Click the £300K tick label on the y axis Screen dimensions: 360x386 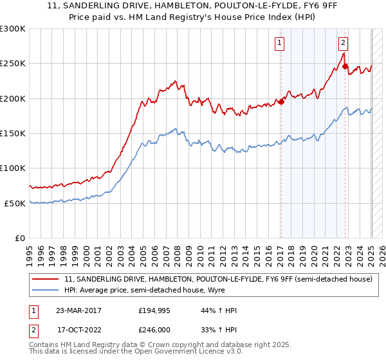point(13,29)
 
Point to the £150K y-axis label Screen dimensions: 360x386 point(13,134)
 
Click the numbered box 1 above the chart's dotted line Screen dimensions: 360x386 point(280,43)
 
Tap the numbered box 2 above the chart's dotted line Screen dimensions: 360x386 point(343,43)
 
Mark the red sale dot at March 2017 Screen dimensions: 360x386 point(281,102)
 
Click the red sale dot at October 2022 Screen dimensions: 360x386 point(345,66)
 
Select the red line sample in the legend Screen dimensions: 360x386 point(46,280)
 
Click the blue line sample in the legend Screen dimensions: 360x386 point(46,290)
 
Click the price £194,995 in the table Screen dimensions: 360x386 point(154,310)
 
